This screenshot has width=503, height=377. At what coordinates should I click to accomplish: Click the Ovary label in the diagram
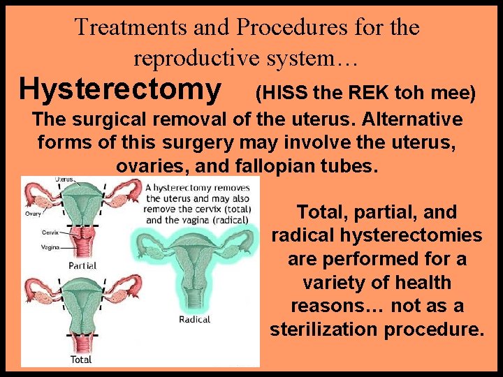pos(34,214)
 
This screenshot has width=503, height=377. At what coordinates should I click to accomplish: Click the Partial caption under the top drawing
pos(82,266)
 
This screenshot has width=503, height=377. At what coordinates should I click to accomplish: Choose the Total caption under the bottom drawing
pos(81,360)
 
